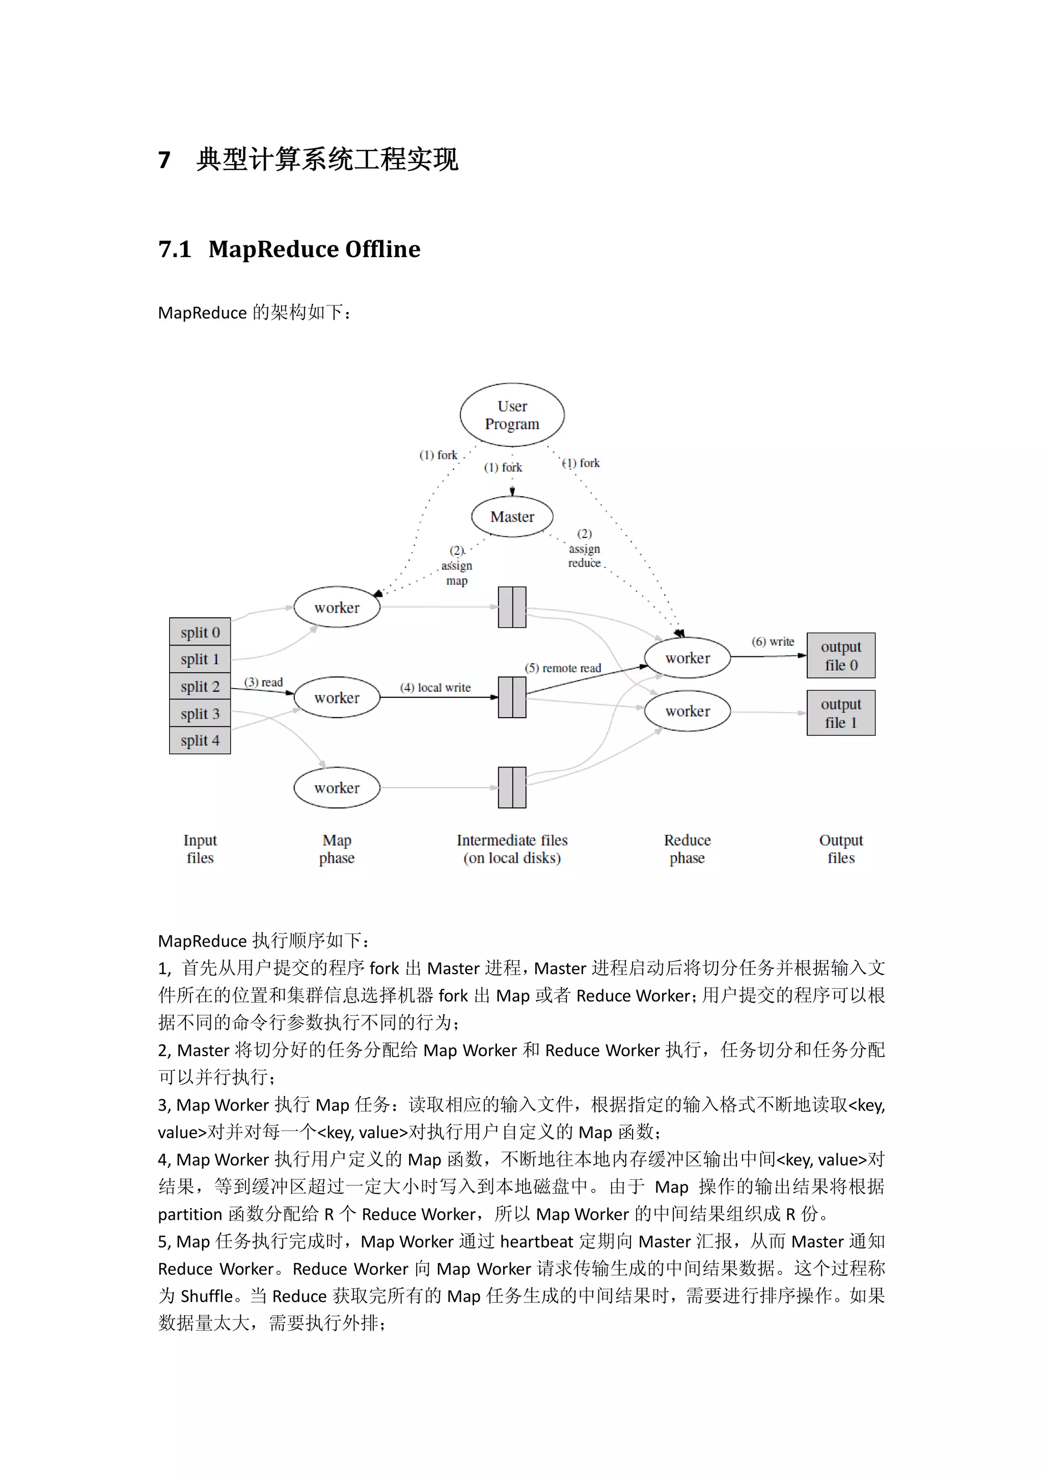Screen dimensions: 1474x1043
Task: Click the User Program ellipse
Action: (x=512, y=415)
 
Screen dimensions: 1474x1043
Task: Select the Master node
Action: (x=512, y=517)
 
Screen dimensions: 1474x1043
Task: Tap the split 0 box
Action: (x=200, y=632)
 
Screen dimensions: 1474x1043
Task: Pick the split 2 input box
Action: (x=200, y=686)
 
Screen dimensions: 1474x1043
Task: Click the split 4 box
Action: (x=200, y=740)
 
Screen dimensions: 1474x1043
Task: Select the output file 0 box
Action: (x=841, y=656)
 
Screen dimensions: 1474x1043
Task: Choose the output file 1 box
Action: (x=841, y=713)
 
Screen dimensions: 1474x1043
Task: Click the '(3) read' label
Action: (x=263, y=683)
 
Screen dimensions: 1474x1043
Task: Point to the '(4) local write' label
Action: (x=435, y=688)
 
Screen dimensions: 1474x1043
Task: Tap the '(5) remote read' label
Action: (x=563, y=668)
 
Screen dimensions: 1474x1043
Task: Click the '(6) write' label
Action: (x=773, y=641)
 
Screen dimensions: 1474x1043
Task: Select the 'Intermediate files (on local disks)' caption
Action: (x=512, y=848)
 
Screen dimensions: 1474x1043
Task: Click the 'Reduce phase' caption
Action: (x=687, y=848)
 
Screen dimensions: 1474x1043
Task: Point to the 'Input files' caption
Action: (x=200, y=848)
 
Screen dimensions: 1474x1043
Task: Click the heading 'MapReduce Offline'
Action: (x=314, y=249)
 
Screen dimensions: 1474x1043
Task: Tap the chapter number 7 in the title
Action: (x=164, y=160)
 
